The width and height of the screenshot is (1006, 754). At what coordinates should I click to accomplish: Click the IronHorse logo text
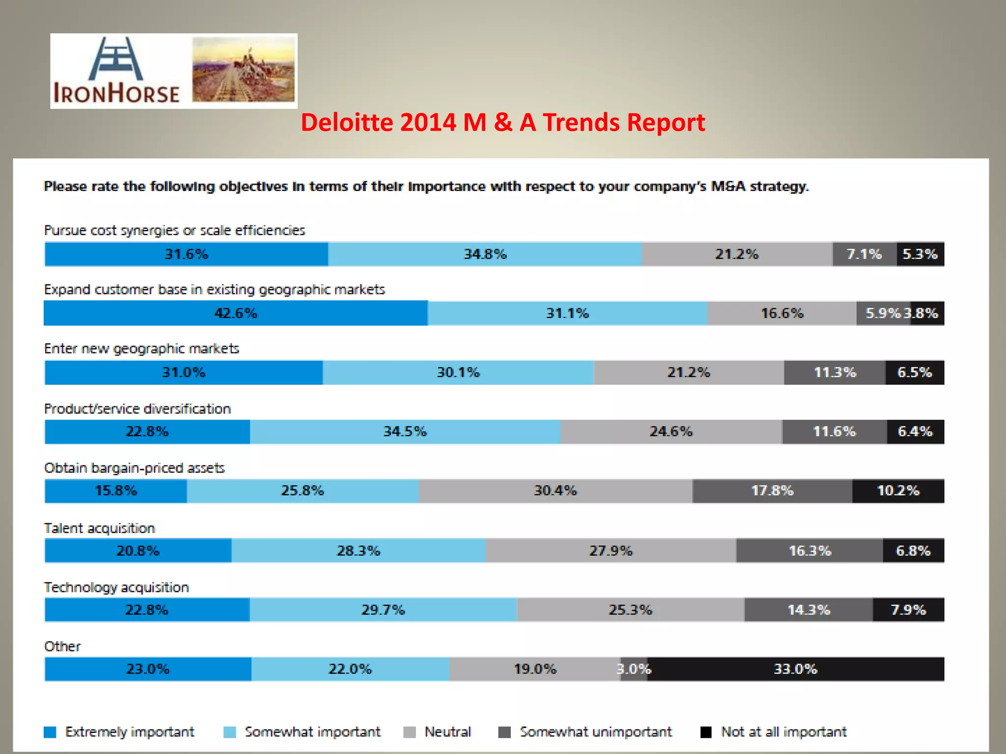pyautogui.click(x=116, y=93)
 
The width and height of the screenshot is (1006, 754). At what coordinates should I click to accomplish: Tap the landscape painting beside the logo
pyautogui.click(x=244, y=70)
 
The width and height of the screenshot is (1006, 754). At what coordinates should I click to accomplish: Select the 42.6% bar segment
pyautogui.click(x=235, y=313)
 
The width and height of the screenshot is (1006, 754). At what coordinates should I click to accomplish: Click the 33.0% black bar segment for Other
pyautogui.click(x=795, y=669)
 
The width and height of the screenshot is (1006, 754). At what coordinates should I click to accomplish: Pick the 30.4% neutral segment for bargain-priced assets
pyautogui.click(x=555, y=491)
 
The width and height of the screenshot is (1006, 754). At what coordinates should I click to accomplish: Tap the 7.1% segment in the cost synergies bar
pyautogui.click(x=864, y=254)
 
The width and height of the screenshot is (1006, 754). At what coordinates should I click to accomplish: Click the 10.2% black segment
pyautogui.click(x=898, y=491)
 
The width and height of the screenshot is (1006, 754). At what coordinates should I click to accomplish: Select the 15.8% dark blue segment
pyautogui.click(x=116, y=491)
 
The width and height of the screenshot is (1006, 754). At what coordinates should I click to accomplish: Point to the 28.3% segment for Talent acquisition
pyautogui.click(x=358, y=551)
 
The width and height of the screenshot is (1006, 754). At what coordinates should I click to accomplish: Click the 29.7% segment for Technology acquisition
pyautogui.click(x=383, y=610)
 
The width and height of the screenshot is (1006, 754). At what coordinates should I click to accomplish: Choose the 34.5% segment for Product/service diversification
pyautogui.click(x=405, y=431)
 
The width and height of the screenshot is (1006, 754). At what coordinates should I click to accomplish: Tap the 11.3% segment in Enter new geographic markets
pyautogui.click(x=835, y=373)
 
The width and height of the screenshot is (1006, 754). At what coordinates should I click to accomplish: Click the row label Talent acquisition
pyautogui.click(x=99, y=528)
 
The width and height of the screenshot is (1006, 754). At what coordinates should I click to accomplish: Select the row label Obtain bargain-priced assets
pyautogui.click(x=134, y=468)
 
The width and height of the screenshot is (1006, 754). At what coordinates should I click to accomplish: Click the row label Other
pyautogui.click(x=62, y=646)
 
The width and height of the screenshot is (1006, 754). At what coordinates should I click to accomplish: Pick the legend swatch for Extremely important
pyautogui.click(x=50, y=732)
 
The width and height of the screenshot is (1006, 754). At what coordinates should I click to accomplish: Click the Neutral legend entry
pyautogui.click(x=447, y=732)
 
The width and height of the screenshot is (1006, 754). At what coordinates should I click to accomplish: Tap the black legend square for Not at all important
pyautogui.click(x=706, y=732)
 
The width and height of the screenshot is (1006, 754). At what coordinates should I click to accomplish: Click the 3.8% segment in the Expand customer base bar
pyautogui.click(x=927, y=313)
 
